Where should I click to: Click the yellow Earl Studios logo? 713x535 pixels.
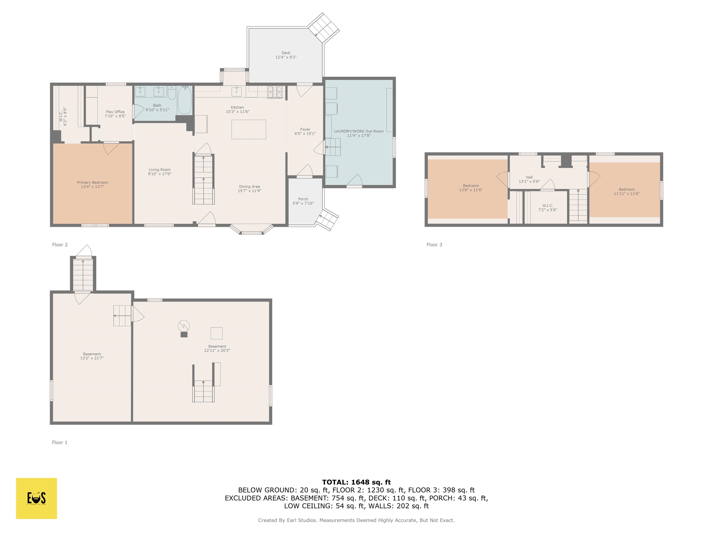click(x=36, y=498)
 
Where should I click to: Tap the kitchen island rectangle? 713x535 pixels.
click(x=249, y=129)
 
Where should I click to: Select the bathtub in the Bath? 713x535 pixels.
click(x=185, y=100)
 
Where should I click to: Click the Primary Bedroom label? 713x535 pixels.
click(x=93, y=183)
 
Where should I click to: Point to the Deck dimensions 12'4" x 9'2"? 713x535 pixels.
click(x=286, y=57)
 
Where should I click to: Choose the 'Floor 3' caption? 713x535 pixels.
click(x=434, y=245)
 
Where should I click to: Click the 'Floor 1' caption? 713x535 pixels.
click(x=60, y=442)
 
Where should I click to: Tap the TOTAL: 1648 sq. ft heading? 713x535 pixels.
click(x=356, y=482)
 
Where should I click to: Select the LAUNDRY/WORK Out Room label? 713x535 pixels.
click(x=359, y=131)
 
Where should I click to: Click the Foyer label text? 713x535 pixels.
click(x=305, y=129)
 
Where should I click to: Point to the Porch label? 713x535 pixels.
click(x=303, y=199)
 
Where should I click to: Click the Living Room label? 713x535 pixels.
click(x=159, y=170)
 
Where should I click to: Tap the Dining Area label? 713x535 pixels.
click(x=250, y=186)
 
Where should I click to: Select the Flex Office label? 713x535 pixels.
click(x=115, y=112)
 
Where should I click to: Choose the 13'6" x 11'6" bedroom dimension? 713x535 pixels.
click(x=471, y=190)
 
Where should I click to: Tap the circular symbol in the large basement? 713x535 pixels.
click(x=184, y=326)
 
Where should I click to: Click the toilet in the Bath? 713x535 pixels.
click(x=172, y=93)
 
